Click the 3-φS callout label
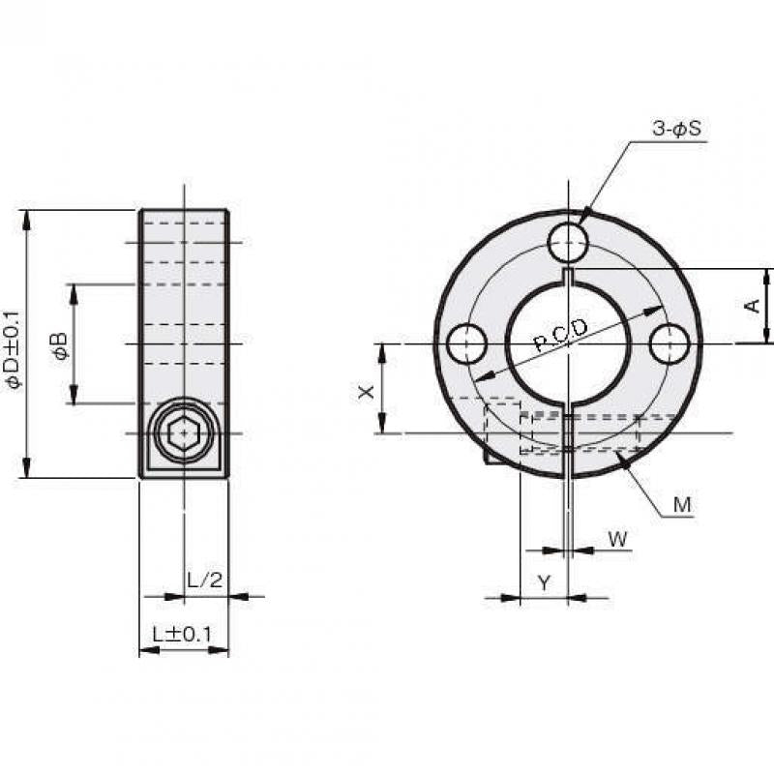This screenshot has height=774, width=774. (x=676, y=129)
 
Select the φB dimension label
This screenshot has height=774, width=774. (x=60, y=345)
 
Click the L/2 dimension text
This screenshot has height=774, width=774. (x=205, y=580)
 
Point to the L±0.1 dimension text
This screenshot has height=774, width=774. (x=182, y=635)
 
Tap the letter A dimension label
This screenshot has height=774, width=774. (x=752, y=306)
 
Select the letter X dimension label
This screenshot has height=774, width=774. (x=366, y=393)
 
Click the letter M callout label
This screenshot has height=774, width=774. (x=682, y=504)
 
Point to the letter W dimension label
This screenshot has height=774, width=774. (x=617, y=539)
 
